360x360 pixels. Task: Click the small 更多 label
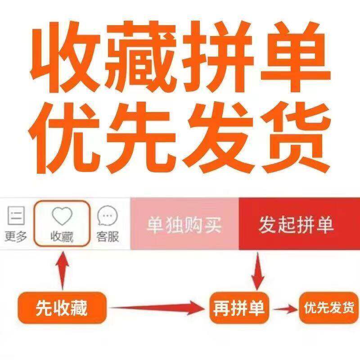[x=16, y=236]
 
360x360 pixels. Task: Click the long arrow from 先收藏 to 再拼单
[x=157, y=308]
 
